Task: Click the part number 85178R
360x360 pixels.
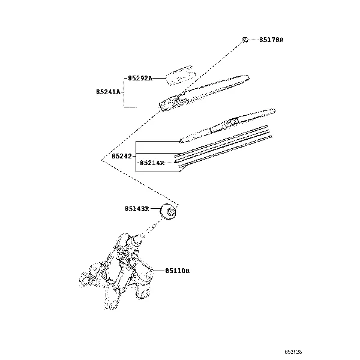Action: pos(271,40)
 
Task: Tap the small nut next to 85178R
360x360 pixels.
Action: pos(245,40)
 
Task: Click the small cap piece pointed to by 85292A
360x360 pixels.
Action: pos(181,75)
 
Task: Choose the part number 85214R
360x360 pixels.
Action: pos(152,162)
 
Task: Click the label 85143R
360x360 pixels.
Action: pos(137,209)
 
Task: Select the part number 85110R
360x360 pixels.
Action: pos(178,271)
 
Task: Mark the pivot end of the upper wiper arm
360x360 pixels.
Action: pos(168,105)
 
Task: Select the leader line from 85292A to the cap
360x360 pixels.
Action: pos(160,77)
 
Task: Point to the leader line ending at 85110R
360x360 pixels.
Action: pos(157,271)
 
